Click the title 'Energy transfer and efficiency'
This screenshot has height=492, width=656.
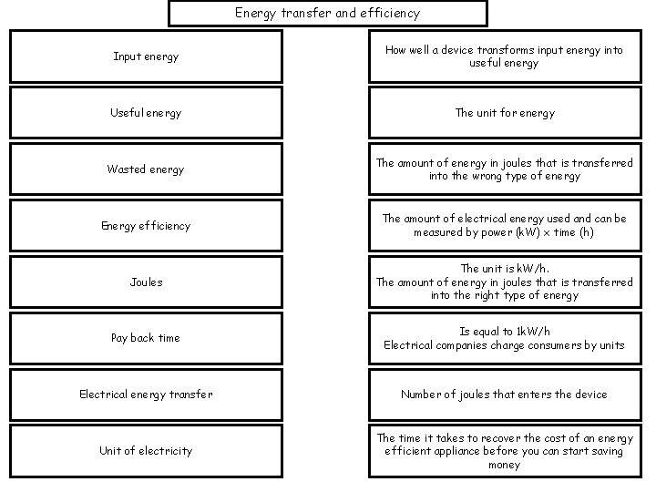[x=327, y=13]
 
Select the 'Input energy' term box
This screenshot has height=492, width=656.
[x=146, y=56]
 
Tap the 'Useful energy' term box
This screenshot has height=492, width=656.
[x=146, y=113]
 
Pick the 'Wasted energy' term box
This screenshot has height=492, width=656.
[x=146, y=169]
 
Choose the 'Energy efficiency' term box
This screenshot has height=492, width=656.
[x=146, y=225]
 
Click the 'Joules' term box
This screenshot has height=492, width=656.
[x=146, y=282]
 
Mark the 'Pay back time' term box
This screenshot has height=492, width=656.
[x=146, y=338]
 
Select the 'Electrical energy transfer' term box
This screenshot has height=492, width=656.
[x=146, y=395]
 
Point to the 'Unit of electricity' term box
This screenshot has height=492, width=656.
[x=146, y=451]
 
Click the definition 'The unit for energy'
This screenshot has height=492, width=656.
[x=504, y=113]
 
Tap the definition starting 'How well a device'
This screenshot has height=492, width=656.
[x=504, y=56]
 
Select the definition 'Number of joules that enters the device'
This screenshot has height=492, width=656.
[x=504, y=395]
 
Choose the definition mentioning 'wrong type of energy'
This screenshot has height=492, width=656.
[x=504, y=169]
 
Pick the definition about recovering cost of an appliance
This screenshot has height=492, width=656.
[x=504, y=451]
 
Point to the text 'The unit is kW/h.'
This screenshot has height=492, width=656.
[x=504, y=269]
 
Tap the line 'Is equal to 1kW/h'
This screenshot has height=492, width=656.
[x=504, y=332]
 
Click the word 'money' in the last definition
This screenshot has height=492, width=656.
[x=504, y=465]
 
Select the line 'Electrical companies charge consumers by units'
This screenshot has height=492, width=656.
[x=504, y=345]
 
